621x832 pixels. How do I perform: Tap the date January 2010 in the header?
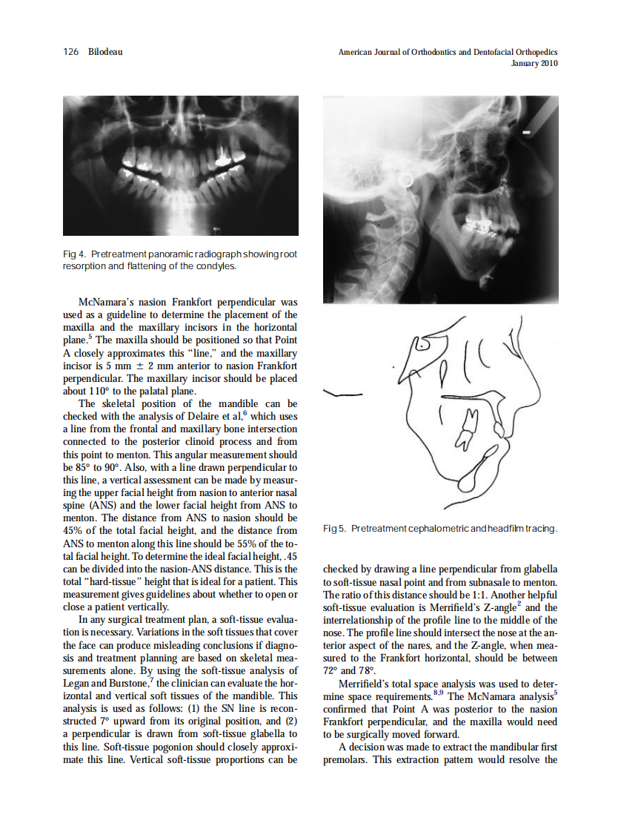click(534, 64)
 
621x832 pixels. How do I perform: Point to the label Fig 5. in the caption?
click(335, 528)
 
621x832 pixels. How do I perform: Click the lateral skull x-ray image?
click(440, 200)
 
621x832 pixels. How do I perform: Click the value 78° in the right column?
click(368, 670)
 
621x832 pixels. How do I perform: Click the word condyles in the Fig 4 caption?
click(213, 265)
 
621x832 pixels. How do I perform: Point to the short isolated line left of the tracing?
click(339, 394)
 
